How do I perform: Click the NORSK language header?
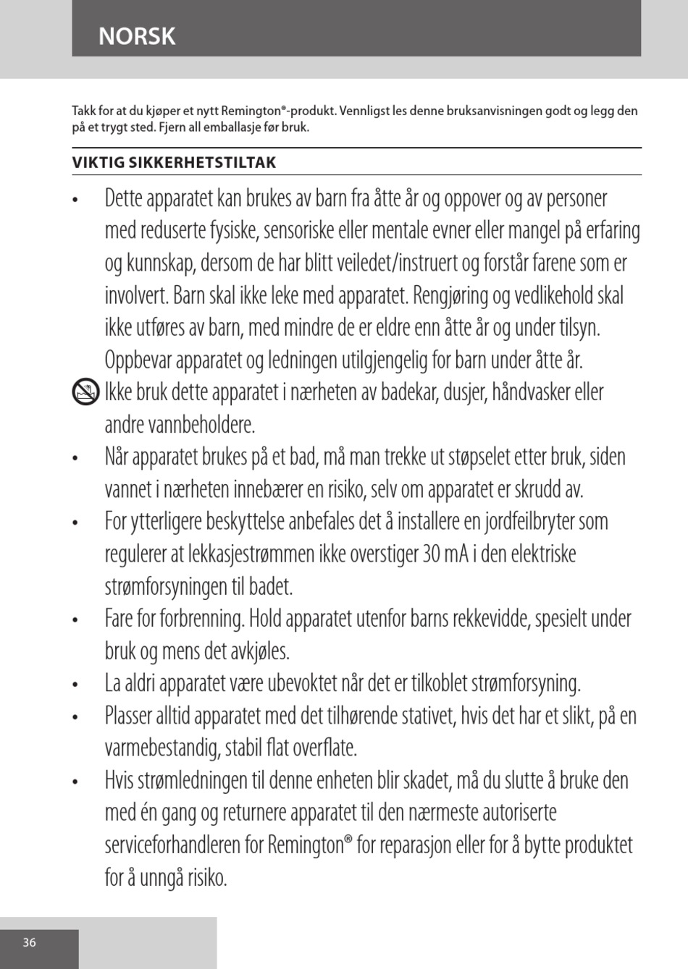click(137, 36)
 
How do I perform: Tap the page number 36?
click(29, 942)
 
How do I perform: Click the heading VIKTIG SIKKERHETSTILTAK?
click(174, 163)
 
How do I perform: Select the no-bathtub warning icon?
click(87, 393)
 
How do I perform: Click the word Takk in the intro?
click(83, 111)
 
